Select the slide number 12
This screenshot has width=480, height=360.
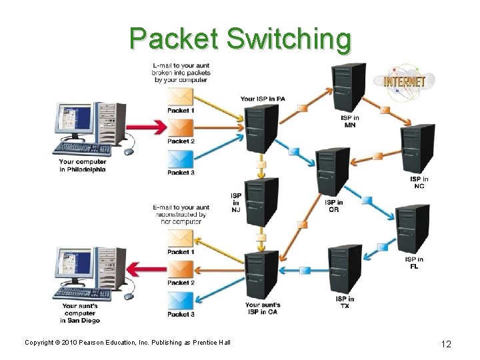click(446, 343)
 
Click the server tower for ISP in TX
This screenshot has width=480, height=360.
click(345, 269)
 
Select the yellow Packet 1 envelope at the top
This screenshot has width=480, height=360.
click(181, 96)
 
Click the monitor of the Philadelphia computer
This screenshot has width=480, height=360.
click(77, 123)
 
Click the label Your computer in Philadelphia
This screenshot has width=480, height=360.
click(82, 165)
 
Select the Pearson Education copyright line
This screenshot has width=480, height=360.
click(127, 343)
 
